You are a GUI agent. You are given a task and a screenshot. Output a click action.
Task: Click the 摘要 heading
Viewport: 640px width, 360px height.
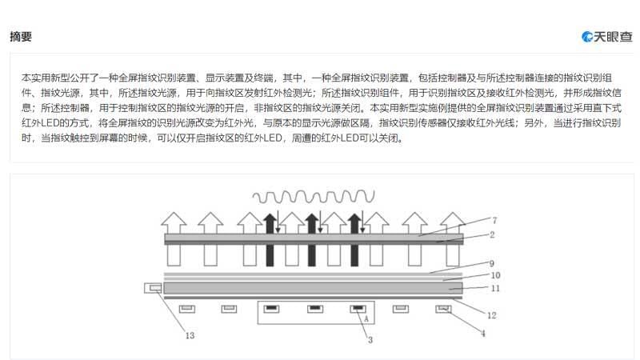coord(21,37)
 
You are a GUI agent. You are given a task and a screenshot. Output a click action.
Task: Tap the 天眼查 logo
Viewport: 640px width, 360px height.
coord(607,37)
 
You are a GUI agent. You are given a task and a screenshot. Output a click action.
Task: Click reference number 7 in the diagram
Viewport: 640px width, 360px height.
coord(494,221)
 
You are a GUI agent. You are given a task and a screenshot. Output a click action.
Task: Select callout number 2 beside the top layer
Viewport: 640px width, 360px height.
coord(492,234)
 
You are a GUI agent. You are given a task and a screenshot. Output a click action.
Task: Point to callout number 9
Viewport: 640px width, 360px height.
coord(492,263)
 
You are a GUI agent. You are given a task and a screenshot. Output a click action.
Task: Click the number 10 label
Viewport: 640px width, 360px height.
coord(495,275)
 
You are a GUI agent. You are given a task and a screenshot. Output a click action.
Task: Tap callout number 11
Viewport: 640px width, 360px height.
coord(495,288)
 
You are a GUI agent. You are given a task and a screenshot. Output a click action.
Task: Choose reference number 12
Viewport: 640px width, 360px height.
coord(492,315)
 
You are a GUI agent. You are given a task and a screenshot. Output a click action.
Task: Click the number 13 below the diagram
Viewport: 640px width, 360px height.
coord(190,335)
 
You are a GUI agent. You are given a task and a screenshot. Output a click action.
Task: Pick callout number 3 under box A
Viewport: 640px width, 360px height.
coord(370,339)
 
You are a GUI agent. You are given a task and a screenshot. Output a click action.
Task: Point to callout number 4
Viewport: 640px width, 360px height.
coord(483,334)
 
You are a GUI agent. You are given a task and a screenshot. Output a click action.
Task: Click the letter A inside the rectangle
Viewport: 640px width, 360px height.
coord(366,318)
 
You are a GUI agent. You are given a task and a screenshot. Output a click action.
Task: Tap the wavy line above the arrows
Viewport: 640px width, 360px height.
coord(314,197)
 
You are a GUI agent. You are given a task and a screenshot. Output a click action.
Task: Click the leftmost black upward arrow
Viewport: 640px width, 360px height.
coord(270,240)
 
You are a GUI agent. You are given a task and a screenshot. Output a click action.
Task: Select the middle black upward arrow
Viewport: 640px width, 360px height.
coord(312,240)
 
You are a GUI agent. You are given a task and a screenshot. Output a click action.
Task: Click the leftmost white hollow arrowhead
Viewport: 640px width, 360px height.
coord(174,219)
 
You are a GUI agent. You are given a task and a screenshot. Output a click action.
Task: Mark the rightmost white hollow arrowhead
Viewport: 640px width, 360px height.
coord(453,219)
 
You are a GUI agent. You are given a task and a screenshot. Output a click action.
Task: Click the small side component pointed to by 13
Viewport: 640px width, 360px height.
coord(153,288)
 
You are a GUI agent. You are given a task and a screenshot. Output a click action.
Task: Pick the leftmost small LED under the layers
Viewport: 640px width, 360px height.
coord(187,309)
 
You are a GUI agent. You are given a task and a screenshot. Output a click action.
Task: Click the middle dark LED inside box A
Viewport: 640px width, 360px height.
coord(315,309)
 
